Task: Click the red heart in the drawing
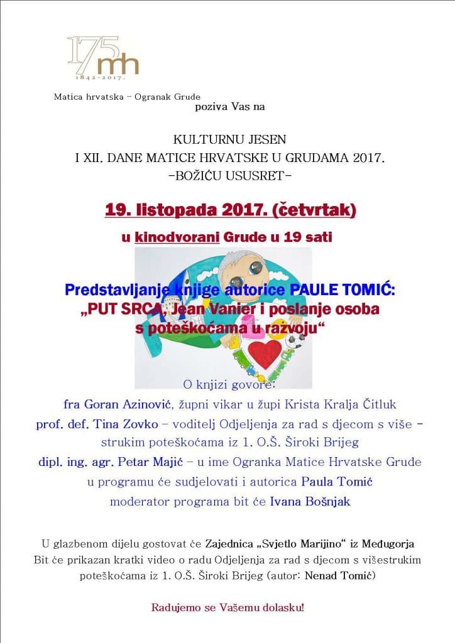[x=265, y=354]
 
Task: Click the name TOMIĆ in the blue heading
[x=359, y=291]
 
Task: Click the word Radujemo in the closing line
[x=172, y=608]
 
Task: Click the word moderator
[x=135, y=502]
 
